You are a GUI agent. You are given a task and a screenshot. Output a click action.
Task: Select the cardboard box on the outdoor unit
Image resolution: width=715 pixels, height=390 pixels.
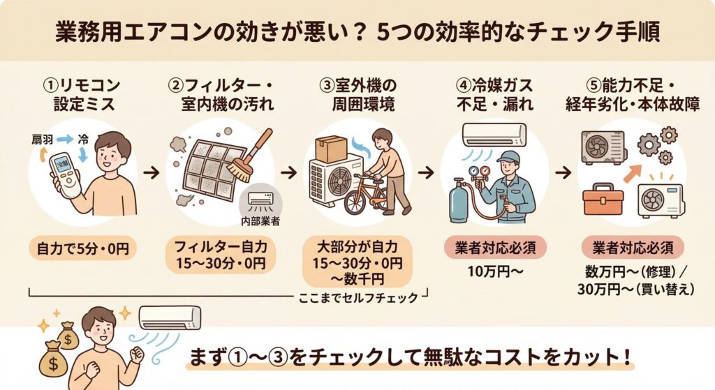[331, 149]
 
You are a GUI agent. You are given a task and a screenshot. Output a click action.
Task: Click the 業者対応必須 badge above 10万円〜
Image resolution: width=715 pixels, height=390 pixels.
[495, 247]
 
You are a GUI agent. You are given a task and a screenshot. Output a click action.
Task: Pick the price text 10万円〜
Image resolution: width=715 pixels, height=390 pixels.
[495, 271]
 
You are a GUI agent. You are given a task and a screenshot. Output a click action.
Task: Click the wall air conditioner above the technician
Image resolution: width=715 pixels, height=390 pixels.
[494, 133]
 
